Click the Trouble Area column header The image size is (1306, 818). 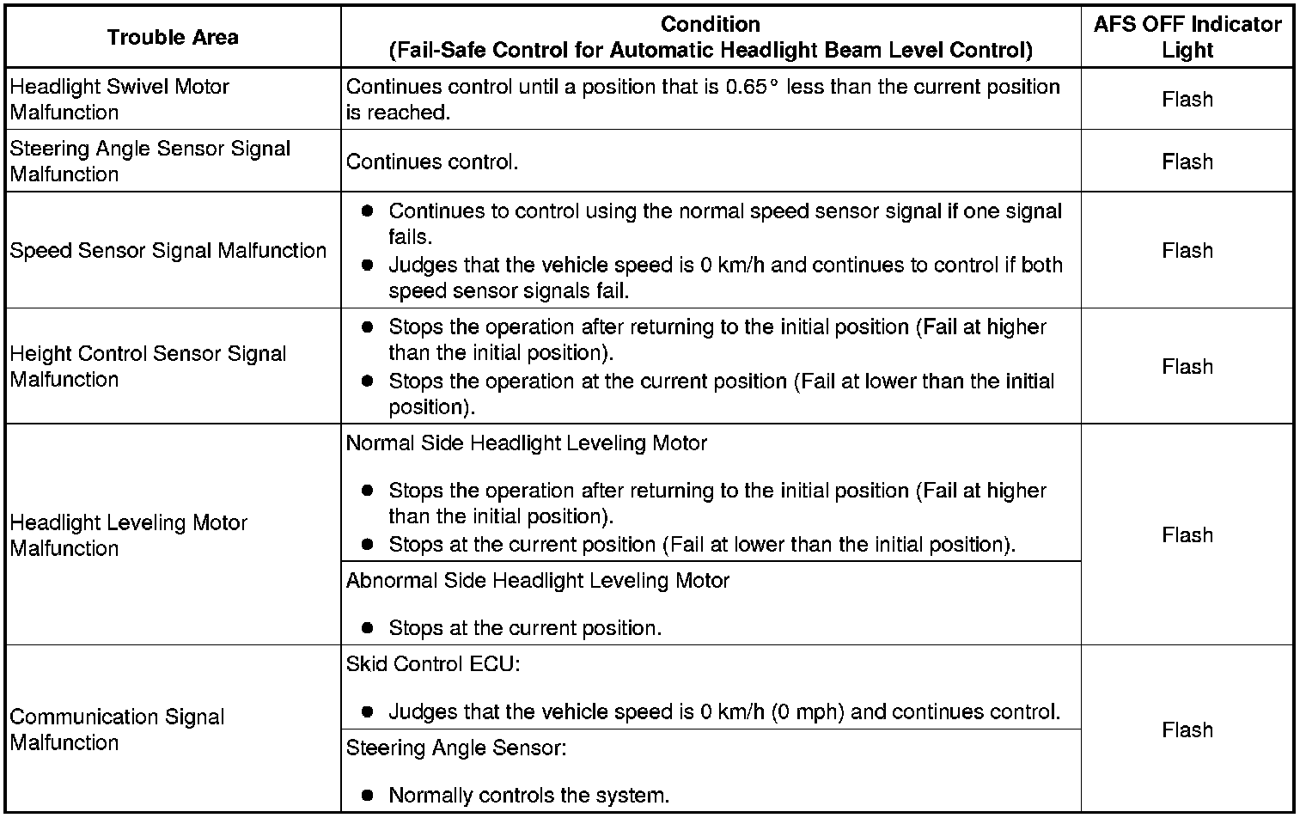pyautogui.click(x=173, y=37)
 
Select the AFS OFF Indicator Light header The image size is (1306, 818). pyautogui.click(x=1187, y=37)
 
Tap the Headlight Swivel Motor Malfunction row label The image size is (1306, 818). pyautogui.click(x=119, y=99)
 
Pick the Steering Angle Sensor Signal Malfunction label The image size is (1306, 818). pyautogui.click(x=150, y=161)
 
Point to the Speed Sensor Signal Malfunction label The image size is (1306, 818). pyautogui.click(x=168, y=250)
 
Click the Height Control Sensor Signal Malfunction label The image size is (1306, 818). pyautogui.click(x=148, y=366)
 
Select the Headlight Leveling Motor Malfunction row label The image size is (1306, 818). pyautogui.click(x=129, y=534)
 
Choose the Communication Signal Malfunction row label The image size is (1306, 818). pyautogui.click(x=117, y=729)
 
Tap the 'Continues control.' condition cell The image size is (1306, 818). pyautogui.click(x=432, y=162)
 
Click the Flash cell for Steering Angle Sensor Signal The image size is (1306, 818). pyautogui.click(x=1187, y=162)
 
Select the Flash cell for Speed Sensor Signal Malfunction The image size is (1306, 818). pyautogui.click(x=1187, y=250)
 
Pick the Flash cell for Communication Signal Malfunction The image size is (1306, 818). pyautogui.click(x=1187, y=729)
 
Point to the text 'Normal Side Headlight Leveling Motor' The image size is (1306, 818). pyautogui.click(x=526, y=443)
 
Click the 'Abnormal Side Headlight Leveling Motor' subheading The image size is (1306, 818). pyautogui.click(x=537, y=581)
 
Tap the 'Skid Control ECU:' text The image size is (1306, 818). pyautogui.click(x=433, y=664)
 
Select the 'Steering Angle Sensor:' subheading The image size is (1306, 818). pyautogui.click(x=456, y=748)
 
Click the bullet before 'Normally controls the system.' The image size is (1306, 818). pyautogui.click(x=368, y=795)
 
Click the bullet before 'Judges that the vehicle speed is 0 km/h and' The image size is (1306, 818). pyautogui.click(x=368, y=266)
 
